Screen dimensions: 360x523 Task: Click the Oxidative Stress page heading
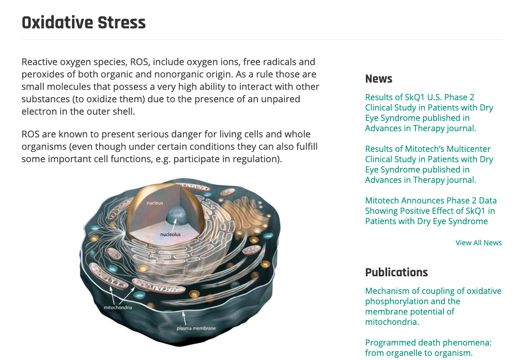coord(84,23)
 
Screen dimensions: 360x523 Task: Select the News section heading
coord(378,79)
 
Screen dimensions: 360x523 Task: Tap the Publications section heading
coord(396,272)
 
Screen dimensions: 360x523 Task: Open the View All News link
coord(479,243)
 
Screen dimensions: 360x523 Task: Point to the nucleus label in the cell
coord(155,203)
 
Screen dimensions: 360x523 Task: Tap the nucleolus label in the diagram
coord(171,234)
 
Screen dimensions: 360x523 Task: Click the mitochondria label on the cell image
coord(118,307)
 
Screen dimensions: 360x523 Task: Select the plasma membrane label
coord(196,328)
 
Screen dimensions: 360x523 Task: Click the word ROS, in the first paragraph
coord(139,62)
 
